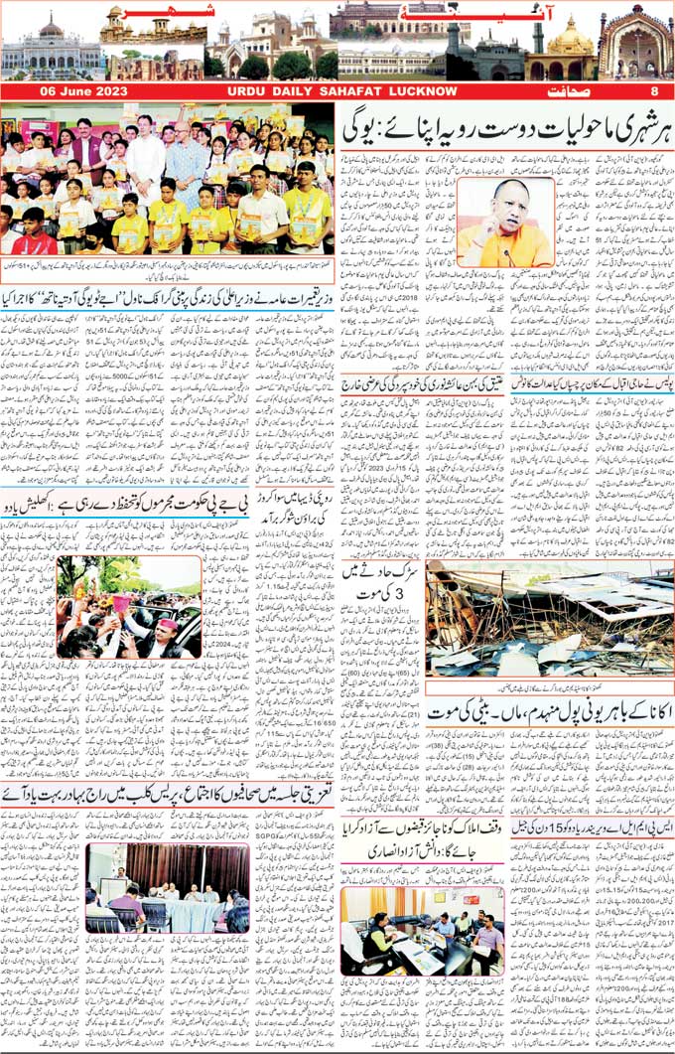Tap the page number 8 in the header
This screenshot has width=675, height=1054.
point(654,91)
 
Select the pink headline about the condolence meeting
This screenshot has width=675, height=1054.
point(169,796)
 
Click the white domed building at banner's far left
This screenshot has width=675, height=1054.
point(50,50)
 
